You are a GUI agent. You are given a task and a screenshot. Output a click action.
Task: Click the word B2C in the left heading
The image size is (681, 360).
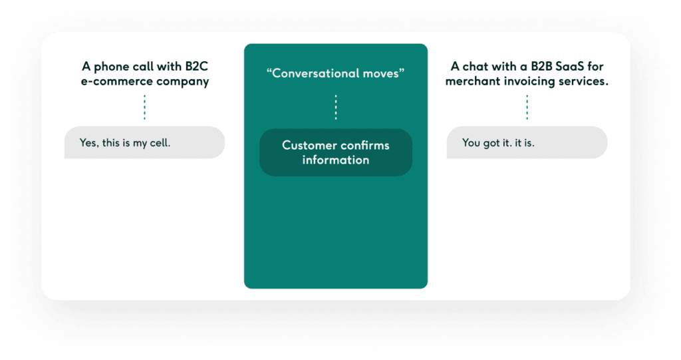[194, 67]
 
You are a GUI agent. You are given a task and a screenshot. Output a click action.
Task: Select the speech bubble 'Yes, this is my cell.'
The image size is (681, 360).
[144, 142]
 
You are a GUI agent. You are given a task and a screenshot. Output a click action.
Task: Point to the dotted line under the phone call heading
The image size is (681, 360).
[144, 107]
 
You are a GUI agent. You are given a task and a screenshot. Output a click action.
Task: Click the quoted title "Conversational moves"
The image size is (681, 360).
[335, 73]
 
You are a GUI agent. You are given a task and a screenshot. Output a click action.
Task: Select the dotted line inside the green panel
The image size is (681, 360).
[336, 107]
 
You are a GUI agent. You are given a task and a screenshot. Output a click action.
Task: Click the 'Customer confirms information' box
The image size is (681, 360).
[336, 152]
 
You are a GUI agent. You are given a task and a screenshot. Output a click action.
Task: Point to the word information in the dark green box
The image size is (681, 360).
[336, 160]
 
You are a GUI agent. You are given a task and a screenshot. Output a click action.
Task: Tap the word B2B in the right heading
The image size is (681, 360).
[535, 67]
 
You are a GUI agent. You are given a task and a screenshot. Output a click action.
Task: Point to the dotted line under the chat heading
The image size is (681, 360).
[527, 107]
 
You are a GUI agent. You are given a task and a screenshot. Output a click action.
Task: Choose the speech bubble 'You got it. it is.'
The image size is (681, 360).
[527, 142]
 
